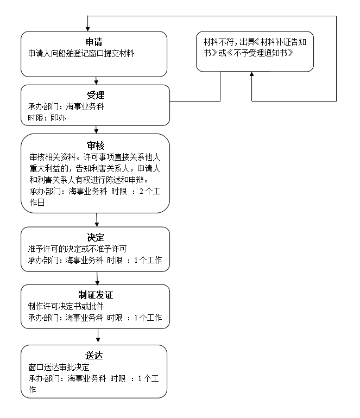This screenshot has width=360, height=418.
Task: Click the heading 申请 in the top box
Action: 94,42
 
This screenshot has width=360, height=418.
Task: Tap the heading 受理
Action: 95,95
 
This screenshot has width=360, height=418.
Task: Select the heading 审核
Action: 96,145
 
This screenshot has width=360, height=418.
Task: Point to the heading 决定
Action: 96,237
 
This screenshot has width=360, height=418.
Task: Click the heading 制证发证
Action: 96,295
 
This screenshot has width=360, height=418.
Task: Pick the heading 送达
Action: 94,356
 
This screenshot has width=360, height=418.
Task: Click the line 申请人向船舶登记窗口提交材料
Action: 81,54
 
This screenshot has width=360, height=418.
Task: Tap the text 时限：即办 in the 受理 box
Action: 47,118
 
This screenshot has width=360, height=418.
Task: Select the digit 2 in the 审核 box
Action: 141,191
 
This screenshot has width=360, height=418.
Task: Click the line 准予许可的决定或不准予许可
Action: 77,249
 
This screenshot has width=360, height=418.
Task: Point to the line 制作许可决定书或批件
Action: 66,306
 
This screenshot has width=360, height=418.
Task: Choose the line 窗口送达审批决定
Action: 59,367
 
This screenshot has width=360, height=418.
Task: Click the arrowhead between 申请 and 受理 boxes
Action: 96,83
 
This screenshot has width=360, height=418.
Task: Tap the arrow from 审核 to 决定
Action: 97,220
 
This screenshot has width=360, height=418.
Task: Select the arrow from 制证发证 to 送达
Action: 98,335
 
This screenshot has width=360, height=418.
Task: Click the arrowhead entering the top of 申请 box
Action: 88,29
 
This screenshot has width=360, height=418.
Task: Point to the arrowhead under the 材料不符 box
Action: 251,74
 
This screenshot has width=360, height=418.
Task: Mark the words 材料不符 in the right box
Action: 218,42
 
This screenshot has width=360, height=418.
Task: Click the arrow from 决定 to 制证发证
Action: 97,278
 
